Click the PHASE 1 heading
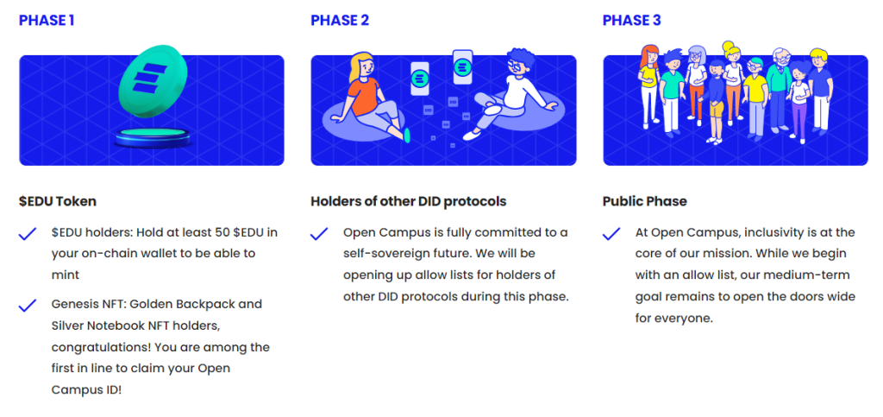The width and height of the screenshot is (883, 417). (x=47, y=20)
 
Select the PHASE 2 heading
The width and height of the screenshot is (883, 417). (x=340, y=20)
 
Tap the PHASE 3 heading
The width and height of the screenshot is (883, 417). (x=632, y=20)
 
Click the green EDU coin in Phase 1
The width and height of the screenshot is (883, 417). (x=153, y=78)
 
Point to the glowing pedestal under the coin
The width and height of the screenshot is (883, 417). (x=153, y=137)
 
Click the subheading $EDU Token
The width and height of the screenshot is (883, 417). (x=58, y=201)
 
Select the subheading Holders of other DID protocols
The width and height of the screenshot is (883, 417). (x=408, y=201)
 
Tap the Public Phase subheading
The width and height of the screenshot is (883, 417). (x=645, y=201)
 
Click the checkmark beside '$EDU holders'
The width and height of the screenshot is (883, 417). (x=28, y=234)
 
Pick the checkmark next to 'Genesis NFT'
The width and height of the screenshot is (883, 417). (x=28, y=306)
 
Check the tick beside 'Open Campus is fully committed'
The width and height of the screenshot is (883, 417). (x=319, y=234)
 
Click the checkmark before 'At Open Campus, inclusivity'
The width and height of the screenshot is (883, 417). (x=611, y=234)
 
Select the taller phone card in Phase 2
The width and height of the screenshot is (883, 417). (x=463, y=67)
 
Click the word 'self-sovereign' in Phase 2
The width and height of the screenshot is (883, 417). (x=382, y=254)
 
